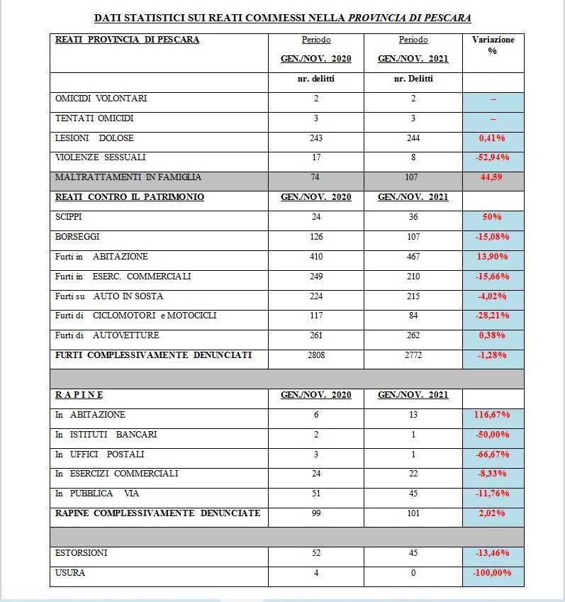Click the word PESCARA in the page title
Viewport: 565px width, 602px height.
coord(448,16)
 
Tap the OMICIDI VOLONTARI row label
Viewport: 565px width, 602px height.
coord(101,99)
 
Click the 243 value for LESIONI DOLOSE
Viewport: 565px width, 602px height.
coord(316,138)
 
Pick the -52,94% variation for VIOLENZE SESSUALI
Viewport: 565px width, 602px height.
coord(493,157)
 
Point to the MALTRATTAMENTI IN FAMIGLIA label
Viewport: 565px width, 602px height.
coord(128,177)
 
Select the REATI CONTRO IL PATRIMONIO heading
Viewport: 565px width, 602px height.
coord(130,197)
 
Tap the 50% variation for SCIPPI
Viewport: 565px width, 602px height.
coord(493,217)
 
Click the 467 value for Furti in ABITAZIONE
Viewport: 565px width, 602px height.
coord(413,257)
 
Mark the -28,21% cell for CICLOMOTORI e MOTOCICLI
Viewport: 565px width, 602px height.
coord(493,316)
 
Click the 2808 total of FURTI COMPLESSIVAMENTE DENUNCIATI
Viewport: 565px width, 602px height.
coord(316,355)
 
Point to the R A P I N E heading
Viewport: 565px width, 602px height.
coord(79,395)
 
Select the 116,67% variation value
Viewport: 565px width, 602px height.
coord(493,415)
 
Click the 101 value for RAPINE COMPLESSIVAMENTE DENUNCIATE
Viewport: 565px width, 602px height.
coord(413,513)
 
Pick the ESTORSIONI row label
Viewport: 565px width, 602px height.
coord(82,552)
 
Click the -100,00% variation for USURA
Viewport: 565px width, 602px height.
coord(493,572)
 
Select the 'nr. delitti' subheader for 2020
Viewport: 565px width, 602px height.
coord(316,79)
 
